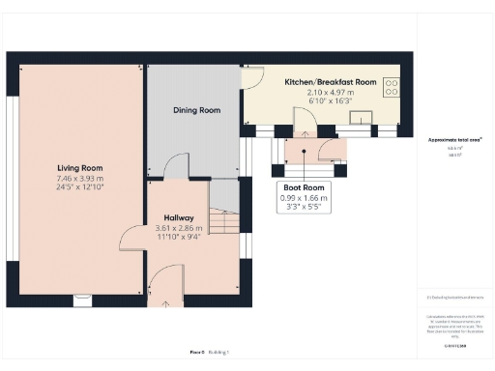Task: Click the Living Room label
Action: point(79,168)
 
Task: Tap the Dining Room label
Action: point(196,110)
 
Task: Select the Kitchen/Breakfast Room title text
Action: point(330,82)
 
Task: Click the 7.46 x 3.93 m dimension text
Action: point(79,179)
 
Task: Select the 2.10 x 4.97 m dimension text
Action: point(330,92)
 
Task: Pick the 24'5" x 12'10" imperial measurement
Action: point(79,187)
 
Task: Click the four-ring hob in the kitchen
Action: point(393,90)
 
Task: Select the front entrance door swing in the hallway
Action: point(164,286)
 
